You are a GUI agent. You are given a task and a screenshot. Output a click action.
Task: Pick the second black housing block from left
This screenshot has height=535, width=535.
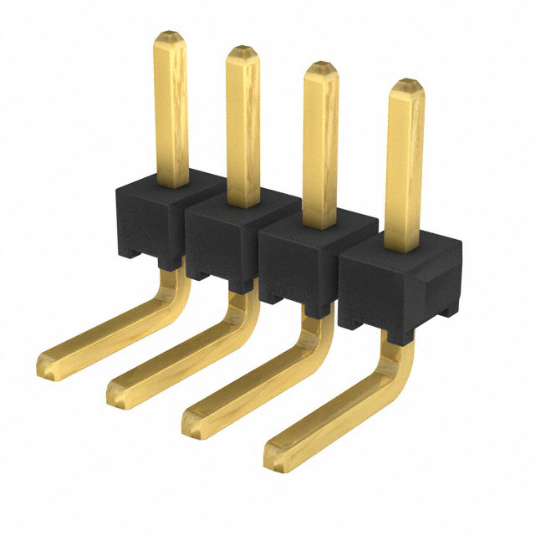click(x=219, y=238)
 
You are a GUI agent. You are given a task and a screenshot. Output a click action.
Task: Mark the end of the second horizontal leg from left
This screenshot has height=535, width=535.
click(x=120, y=390)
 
